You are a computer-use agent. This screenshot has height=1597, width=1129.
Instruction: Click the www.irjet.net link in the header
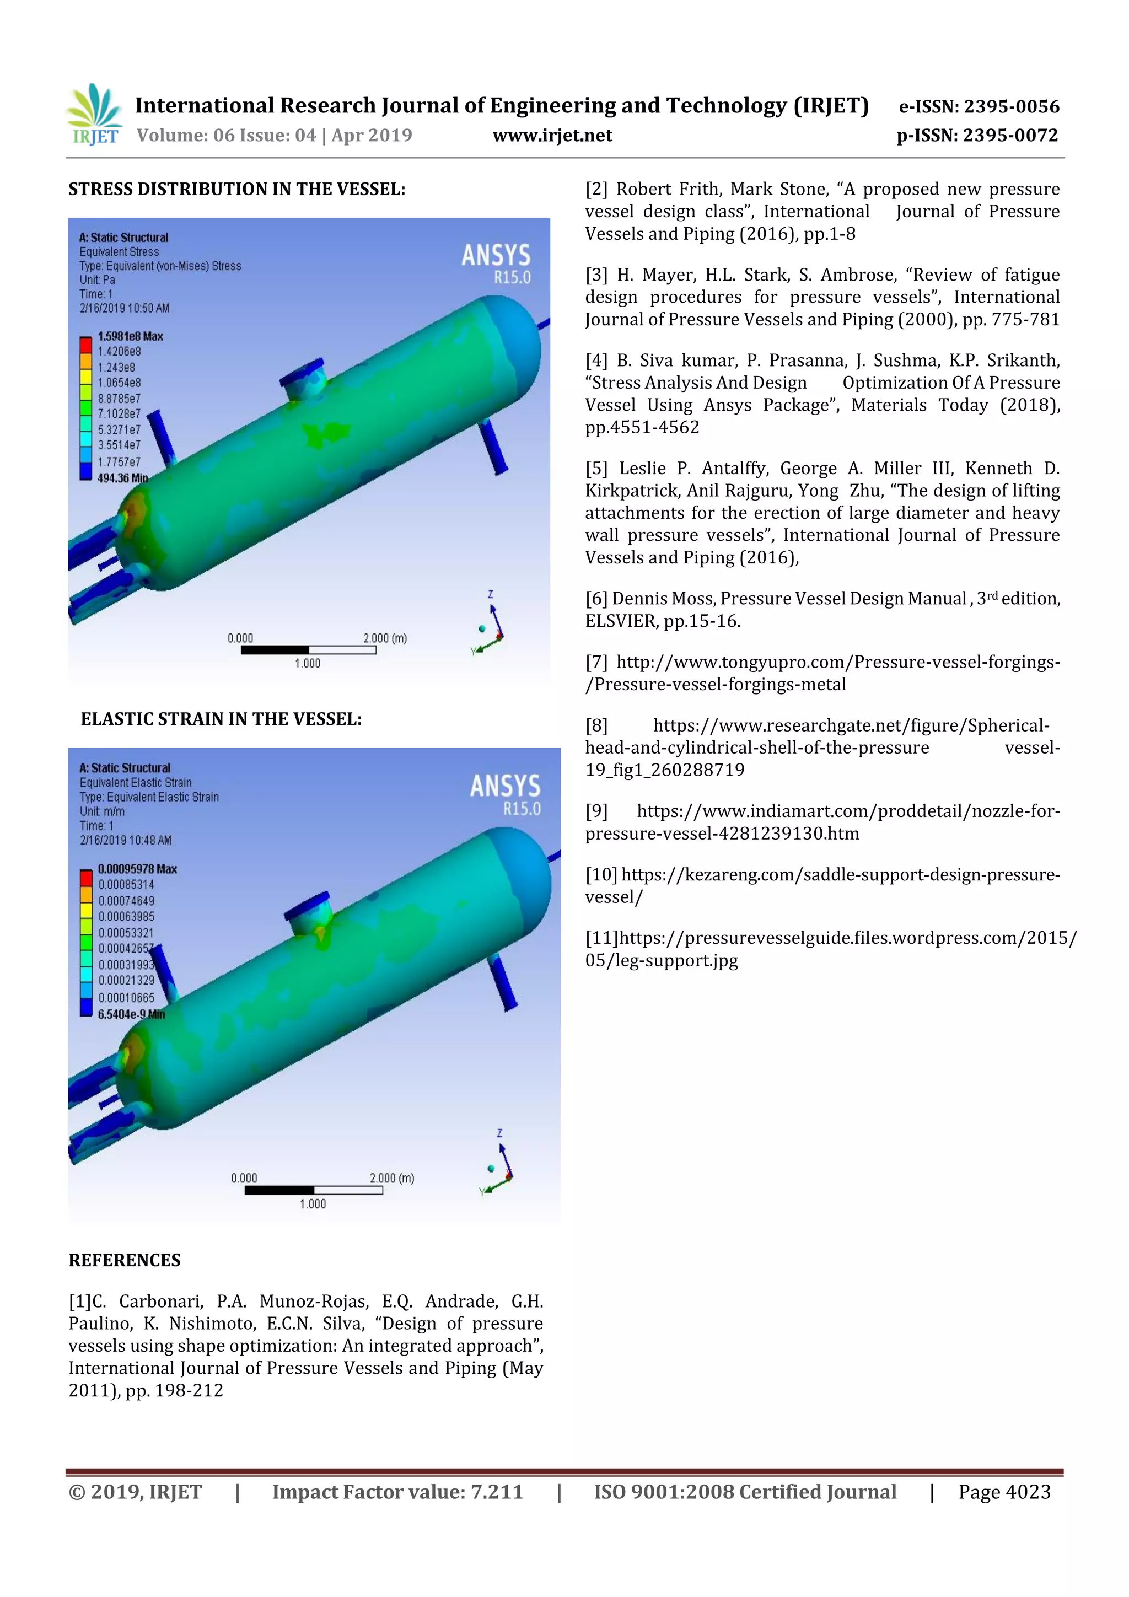click(552, 135)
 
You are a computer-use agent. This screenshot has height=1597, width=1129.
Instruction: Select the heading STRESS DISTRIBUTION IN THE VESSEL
click(236, 189)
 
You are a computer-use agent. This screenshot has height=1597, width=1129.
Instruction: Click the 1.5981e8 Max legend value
click(130, 336)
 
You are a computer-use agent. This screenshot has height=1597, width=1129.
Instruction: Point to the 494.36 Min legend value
click(122, 478)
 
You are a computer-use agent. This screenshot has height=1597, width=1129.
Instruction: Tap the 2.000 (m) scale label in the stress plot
click(385, 638)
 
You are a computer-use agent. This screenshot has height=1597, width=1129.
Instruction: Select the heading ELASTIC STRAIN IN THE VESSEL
click(221, 718)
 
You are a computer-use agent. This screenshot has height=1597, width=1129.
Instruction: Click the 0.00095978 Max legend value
click(137, 869)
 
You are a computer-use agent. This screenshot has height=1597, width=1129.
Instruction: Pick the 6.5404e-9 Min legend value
click(131, 1014)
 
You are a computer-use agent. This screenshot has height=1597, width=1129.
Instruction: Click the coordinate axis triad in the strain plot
click(499, 1172)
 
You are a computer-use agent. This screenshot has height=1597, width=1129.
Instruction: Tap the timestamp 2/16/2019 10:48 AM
click(125, 840)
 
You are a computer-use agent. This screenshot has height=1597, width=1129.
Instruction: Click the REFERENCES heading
click(125, 1260)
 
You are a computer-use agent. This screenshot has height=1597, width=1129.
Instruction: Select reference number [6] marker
click(596, 599)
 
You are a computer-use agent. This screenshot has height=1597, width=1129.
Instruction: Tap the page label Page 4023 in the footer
click(1004, 1492)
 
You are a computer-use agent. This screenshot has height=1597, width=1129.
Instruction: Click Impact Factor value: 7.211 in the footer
click(397, 1492)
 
